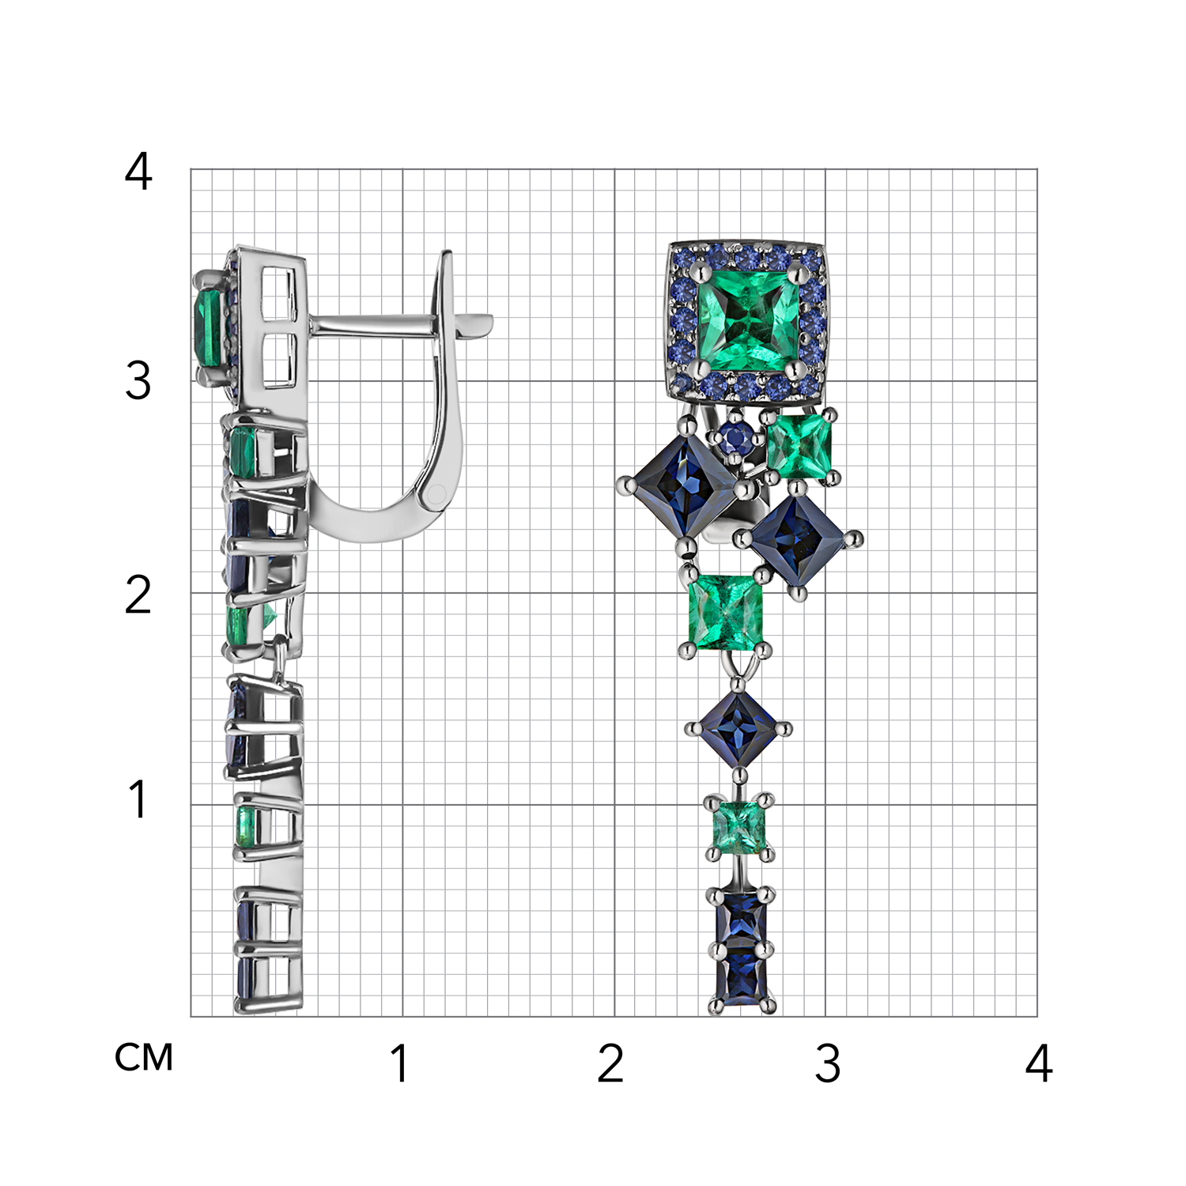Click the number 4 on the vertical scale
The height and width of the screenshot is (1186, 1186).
(138, 172)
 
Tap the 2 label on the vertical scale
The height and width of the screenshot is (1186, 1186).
(138, 595)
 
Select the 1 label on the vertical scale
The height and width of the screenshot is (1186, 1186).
(138, 799)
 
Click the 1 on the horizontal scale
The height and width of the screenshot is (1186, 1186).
(400, 1063)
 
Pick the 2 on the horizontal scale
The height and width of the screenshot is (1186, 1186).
(610, 1063)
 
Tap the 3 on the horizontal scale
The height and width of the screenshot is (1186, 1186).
(828, 1063)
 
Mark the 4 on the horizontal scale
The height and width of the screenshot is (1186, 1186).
(1039, 1063)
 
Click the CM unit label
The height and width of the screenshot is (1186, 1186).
(144, 1057)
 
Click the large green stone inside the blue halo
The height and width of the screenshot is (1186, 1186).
(748, 319)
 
